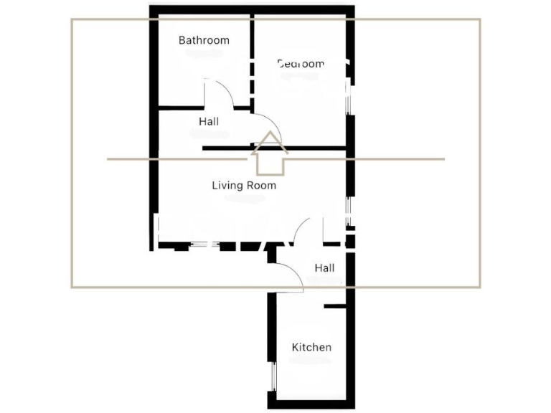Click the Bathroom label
tap(204, 40)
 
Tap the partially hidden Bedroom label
tap(301, 64)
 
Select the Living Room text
tap(244, 185)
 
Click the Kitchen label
tap(311, 348)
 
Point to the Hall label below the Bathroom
tap(209, 122)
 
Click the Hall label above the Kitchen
tap(325, 268)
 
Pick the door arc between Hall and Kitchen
tap(294, 272)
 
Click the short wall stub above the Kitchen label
tap(335, 307)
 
